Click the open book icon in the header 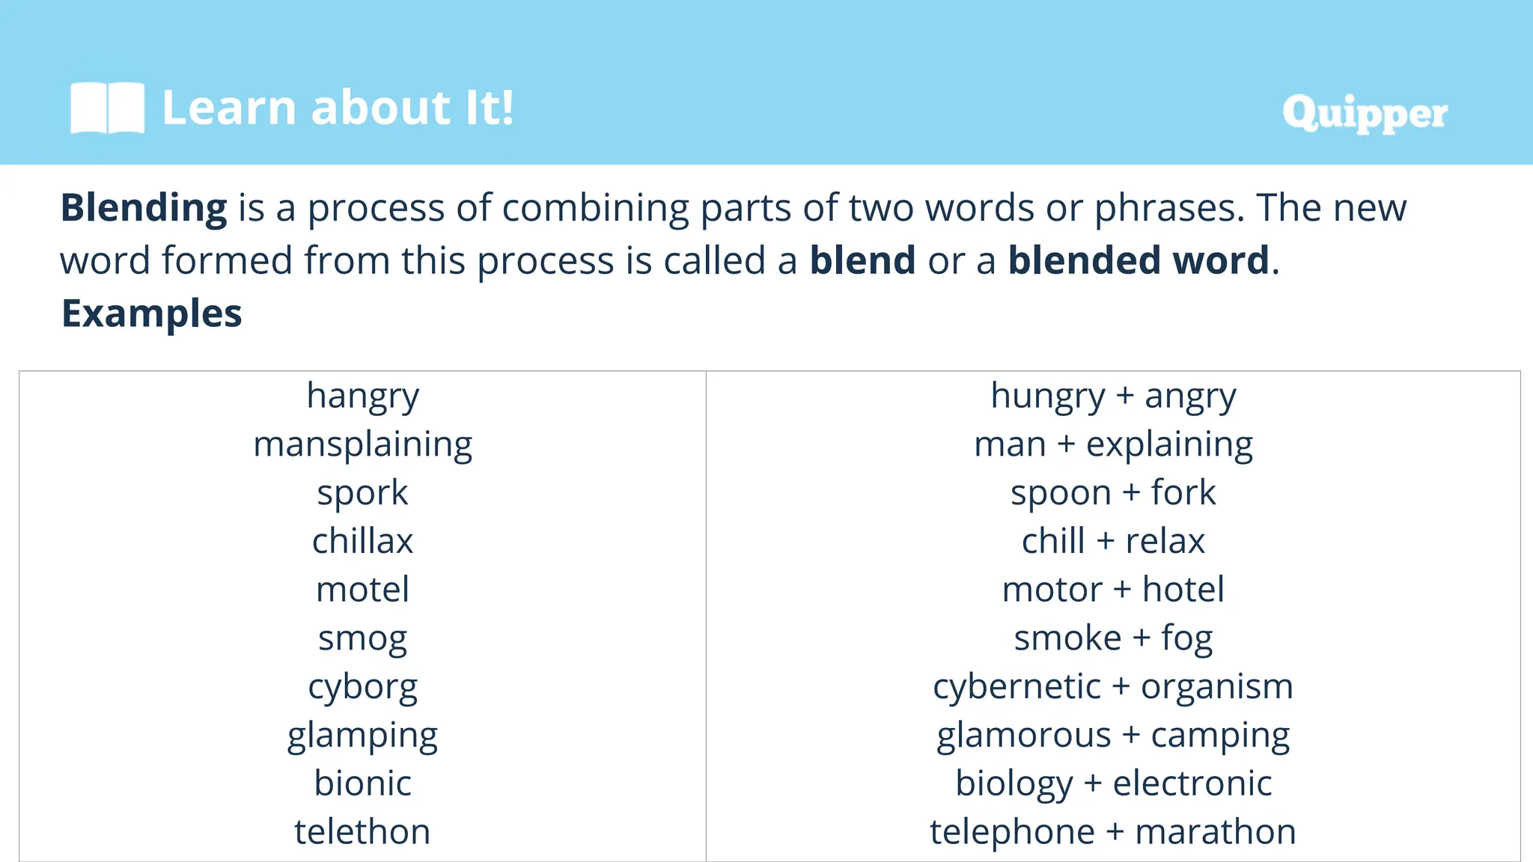107,108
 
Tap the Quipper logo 1365,114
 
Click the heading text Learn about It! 338,108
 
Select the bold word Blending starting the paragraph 144,208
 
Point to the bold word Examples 152,314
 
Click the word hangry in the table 363,396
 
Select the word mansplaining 363,444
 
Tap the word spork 363,493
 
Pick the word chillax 363,541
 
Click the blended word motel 363,590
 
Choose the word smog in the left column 363,638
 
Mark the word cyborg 363,687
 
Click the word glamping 363,736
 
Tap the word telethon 363,832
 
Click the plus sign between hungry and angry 1124,396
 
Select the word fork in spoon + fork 1183,492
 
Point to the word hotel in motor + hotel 1183,590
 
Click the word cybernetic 1017,687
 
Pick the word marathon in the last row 1216,832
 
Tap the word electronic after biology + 1192,783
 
